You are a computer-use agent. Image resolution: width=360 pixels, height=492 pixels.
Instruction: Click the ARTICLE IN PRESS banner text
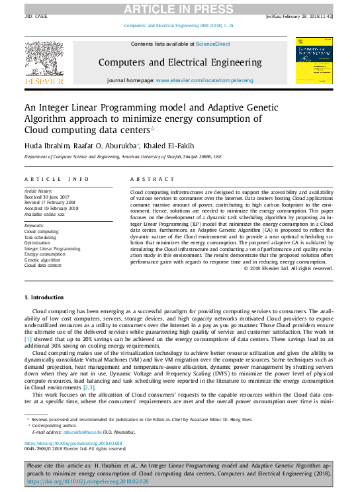[180, 8]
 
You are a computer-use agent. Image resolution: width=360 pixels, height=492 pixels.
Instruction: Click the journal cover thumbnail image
[314, 60]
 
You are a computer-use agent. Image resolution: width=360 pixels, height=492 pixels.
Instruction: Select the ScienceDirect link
[212, 43]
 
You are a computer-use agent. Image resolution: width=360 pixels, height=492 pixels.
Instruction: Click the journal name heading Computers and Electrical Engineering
[180, 62]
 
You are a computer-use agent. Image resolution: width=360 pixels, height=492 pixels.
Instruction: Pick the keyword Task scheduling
[41, 236]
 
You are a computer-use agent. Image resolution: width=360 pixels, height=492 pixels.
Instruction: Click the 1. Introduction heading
[44, 297]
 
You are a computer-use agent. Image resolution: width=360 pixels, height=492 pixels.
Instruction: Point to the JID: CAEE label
[37, 16]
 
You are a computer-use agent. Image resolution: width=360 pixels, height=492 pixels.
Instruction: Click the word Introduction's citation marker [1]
[28, 338]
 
